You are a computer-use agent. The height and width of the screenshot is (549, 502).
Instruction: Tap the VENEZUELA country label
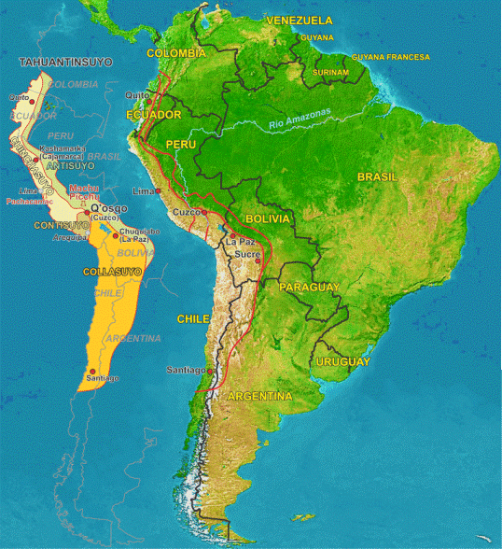point(299,21)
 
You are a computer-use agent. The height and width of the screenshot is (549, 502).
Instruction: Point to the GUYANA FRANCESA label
point(391,57)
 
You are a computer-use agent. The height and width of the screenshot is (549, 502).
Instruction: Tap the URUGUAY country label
point(342,361)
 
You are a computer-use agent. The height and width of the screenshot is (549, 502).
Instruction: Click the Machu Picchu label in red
point(83,191)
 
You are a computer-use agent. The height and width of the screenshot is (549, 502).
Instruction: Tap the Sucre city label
point(246,253)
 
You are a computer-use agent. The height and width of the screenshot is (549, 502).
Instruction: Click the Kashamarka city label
point(62,148)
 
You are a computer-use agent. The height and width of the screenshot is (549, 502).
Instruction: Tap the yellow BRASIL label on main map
point(377,176)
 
